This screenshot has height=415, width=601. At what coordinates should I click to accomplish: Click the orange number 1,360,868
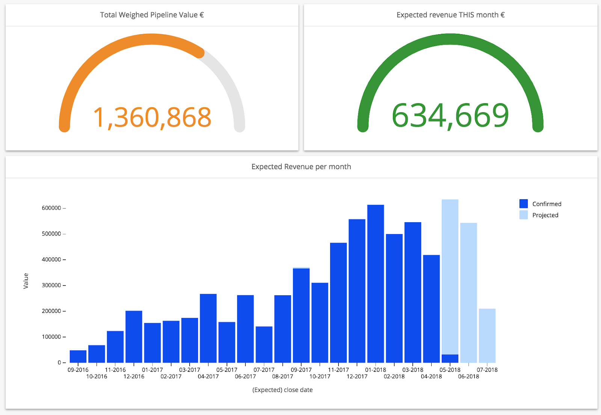pos(152,117)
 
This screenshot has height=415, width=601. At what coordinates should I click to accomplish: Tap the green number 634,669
pos(450,116)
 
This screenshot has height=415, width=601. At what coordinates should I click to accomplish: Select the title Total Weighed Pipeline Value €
pos(152,15)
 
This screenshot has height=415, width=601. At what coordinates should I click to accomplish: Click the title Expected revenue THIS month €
pos(450,15)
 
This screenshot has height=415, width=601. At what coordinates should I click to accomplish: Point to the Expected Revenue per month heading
pos(301,167)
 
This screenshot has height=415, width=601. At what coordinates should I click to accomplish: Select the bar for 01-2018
pos(375,284)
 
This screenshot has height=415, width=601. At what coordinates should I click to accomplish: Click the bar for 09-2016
pos(78,356)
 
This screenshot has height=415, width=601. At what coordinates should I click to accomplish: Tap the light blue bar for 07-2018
pos(487,335)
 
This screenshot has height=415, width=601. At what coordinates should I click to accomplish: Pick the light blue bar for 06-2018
pos(468,293)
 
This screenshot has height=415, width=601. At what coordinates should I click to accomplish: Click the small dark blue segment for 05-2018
pos(450,358)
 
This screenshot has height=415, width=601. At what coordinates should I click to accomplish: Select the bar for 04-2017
pos(208,328)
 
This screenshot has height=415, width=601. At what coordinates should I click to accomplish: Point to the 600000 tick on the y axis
pos(51,208)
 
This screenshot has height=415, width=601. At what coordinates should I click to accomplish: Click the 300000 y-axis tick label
pos(51,285)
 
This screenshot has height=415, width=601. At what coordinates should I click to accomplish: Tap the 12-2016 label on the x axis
pos(134,376)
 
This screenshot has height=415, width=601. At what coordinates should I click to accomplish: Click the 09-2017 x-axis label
pos(301,370)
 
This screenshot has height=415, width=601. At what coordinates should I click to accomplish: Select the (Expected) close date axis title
pos(282,390)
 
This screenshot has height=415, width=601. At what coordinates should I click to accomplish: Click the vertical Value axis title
pos(26,281)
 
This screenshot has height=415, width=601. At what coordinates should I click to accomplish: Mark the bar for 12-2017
pos(357,291)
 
